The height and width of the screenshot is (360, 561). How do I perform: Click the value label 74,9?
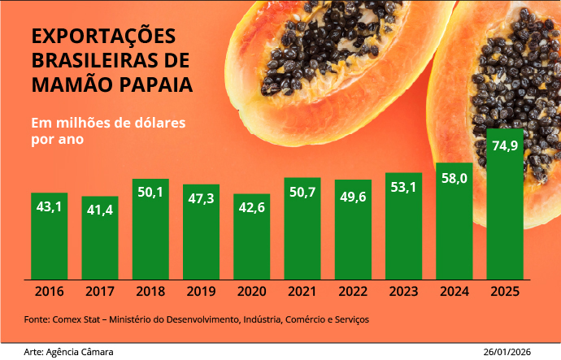click(505, 146)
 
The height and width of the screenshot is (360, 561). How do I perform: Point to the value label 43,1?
click(50, 207)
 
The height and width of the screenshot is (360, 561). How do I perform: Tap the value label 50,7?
click(302, 193)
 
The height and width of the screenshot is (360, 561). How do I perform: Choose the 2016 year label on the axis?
click(50, 291)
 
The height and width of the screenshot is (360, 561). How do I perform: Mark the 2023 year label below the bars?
click(403, 291)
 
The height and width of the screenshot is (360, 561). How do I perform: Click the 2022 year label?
click(353, 291)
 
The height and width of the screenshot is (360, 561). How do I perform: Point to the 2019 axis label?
click(201, 291)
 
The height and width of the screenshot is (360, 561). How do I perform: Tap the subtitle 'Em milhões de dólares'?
click(108, 123)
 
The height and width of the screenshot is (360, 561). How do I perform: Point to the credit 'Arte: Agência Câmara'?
click(68, 351)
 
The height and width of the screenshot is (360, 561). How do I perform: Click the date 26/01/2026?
click(507, 351)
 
